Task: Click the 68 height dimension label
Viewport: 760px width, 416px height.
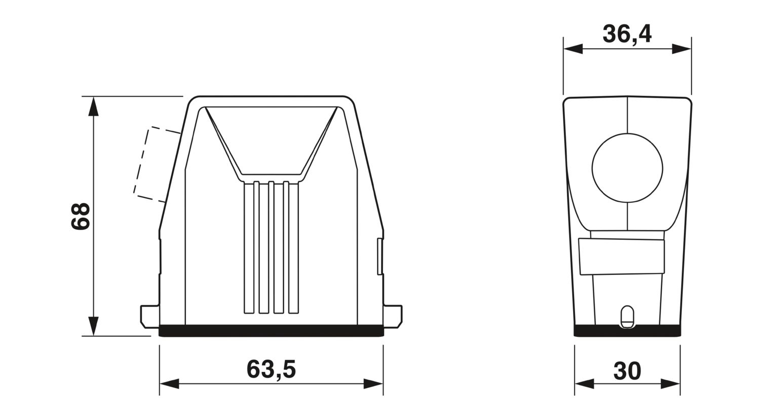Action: pos(81,216)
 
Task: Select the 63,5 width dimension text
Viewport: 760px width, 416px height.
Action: pos(271,369)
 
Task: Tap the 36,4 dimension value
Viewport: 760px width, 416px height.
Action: pos(627,34)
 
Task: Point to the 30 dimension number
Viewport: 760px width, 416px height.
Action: pos(627,371)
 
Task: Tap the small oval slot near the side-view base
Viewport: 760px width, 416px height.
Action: pos(627,317)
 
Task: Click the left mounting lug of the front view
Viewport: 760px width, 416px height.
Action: pos(150,317)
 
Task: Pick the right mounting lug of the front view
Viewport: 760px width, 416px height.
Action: pos(393,317)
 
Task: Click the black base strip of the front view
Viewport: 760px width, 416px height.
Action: pos(271,330)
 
